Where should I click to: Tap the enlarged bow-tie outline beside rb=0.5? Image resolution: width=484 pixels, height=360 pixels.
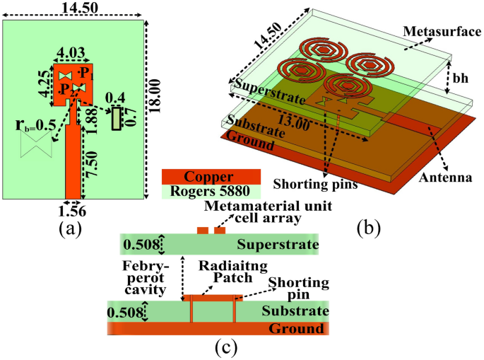coord(35,145)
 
